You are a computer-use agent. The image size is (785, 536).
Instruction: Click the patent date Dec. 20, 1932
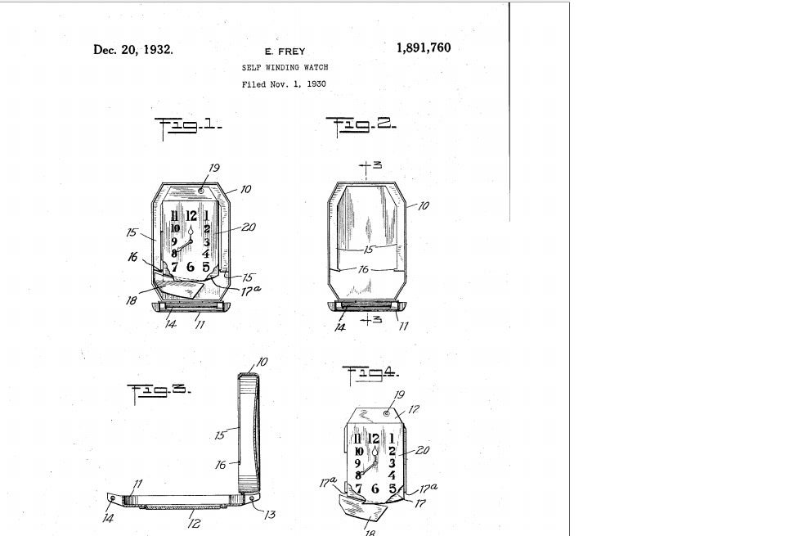(133, 49)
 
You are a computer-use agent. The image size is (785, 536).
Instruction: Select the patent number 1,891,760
(423, 47)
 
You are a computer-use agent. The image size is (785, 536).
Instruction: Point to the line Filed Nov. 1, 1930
(285, 84)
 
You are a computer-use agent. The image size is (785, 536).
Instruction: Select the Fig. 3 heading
(159, 390)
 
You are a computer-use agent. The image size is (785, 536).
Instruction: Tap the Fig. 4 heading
(371, 373)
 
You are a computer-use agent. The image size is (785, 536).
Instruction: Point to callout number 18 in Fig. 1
(132, 300)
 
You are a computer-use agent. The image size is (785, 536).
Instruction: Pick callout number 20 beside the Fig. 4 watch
(422, 449)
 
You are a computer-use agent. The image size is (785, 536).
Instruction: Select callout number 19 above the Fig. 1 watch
(213, 169)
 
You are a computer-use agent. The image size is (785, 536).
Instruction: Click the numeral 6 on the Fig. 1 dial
(191, 267)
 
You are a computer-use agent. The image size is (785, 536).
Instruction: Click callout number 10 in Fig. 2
(424, 206)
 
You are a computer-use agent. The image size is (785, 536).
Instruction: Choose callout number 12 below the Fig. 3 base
(194, 524)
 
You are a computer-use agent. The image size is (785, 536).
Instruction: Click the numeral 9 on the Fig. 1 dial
(174, 241)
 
